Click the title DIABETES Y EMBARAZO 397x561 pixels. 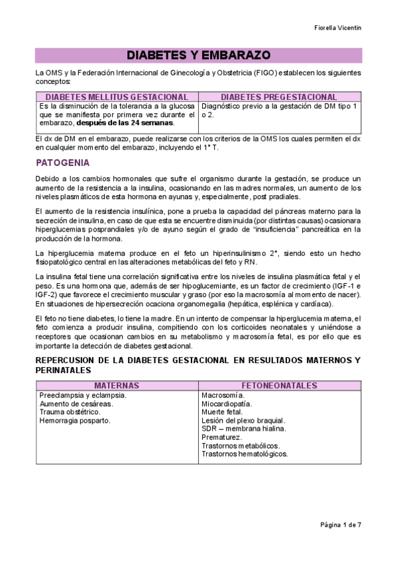(198, 55)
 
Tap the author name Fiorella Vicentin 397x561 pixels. (338, 28)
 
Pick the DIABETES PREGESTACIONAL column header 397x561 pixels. (278, 97)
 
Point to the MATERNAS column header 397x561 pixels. (117, 385)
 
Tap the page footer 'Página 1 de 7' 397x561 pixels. (341, 525)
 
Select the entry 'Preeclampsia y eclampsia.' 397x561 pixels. (83, 395)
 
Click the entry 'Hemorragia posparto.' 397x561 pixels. (75, 420)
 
